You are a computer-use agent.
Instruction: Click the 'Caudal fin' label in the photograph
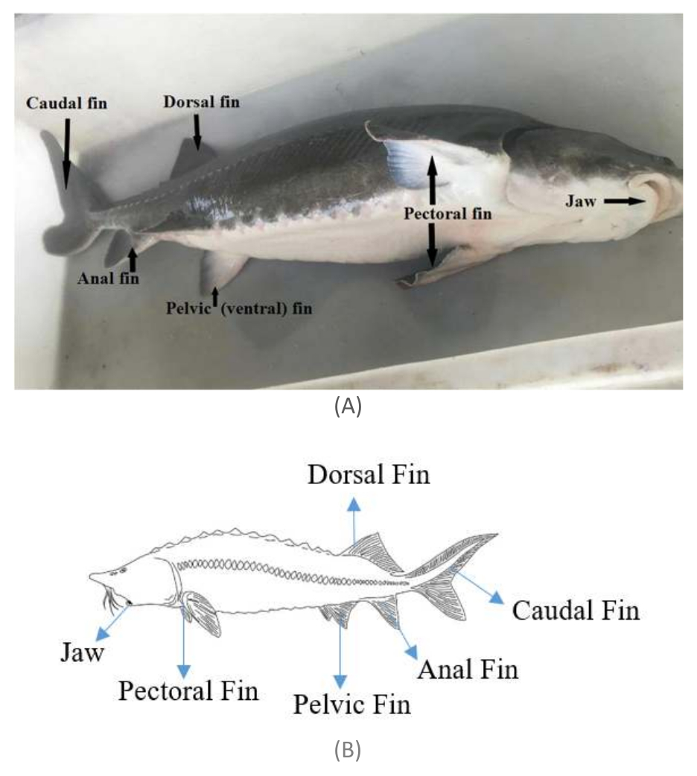pos(66,103)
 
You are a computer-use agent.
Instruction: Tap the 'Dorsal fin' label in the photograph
pos(202,101)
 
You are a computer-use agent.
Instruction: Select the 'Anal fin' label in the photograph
pos(108,279)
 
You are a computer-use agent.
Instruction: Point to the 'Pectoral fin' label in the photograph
pos(448,213)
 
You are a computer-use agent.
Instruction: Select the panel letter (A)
pos(348,406)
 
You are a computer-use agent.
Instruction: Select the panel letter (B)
pos(348,751)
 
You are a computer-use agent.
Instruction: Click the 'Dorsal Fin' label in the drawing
pos(369,474)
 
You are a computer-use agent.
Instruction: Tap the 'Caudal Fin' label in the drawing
pos(576,611)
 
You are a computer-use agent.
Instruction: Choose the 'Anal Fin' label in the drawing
pos(467,668)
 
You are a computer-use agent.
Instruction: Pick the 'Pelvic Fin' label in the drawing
pos(351,703)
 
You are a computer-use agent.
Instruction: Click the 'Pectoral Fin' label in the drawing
pos(188,690)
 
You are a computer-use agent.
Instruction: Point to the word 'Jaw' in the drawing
pos(82,653)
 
